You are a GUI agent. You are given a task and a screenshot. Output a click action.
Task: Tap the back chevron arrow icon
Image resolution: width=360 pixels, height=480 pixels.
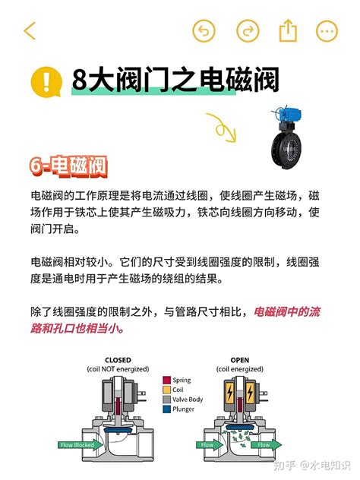pos(30,31)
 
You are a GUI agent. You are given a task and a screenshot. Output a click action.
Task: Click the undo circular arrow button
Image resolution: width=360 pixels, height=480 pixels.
pos(204,31)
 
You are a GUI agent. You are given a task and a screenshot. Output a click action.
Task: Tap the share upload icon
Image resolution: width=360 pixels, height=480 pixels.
pos(288,31)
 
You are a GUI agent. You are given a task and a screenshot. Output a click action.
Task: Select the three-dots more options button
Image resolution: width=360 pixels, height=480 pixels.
pos(327,31)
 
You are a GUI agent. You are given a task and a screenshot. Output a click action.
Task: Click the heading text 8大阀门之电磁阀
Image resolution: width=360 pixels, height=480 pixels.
pos(175,80)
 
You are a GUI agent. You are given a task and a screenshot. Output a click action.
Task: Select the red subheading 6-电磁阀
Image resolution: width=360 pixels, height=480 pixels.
pos(68,166)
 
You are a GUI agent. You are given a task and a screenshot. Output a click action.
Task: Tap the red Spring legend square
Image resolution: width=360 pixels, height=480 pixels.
pos(166,380)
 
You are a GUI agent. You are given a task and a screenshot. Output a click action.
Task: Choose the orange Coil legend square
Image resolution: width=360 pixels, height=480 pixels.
pos(166,390)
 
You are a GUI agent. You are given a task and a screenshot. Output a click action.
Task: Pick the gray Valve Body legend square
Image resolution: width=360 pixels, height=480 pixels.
pos(166,399)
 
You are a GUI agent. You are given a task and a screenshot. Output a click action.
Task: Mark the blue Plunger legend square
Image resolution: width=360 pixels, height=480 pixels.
pos(166,409)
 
